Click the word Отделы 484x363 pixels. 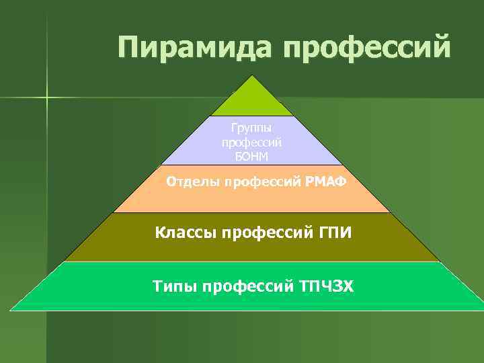pos(194,182)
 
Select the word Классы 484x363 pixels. pos(186,233)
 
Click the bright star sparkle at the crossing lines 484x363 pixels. pos(47,98)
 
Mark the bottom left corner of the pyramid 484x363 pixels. pos(11,310)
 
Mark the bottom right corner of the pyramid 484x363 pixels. pos(483,310)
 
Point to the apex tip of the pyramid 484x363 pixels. pos(252,75)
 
